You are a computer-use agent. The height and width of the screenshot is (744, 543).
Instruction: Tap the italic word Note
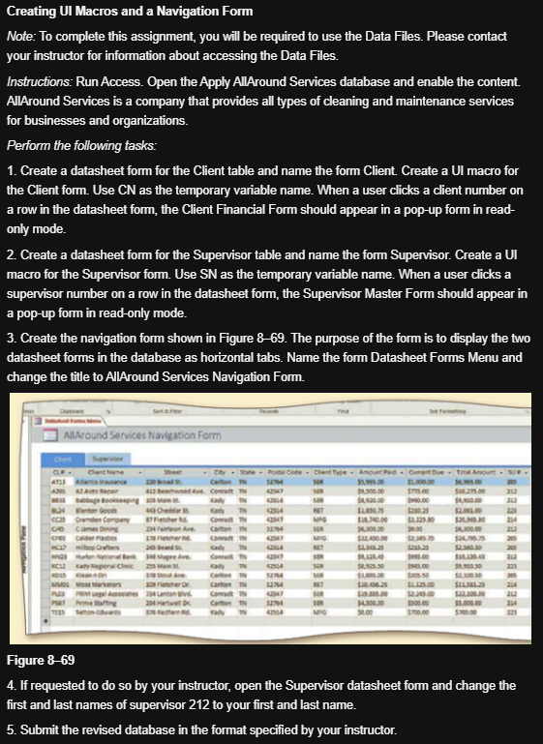coord(20,36)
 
